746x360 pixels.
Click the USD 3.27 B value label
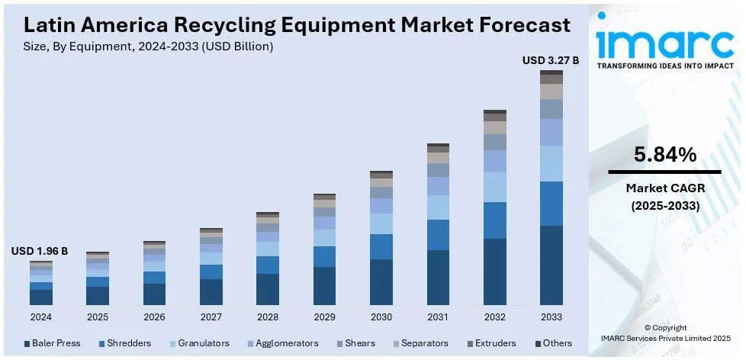pyautogui.click(x=550, y=60)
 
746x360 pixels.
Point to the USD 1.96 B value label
pyautogui.click(x=40, y=251)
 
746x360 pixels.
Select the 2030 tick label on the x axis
pyautogui.click(x=381, y=317)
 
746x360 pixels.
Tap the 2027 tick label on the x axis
pyautogui.click(x=211, y=317)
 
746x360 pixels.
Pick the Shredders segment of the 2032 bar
pyautogui.click(x=495, y=220)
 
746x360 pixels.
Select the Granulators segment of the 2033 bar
pyautogui.click(x=551, y=163)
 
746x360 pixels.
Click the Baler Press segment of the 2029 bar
pyautogui.click(x=324, y=286)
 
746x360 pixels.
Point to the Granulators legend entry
pyautogui.click(x=201, y=343)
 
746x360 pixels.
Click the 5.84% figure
pyautogui.click(x=665, y=156)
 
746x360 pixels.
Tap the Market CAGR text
pyautogui.click(x=665, y=188)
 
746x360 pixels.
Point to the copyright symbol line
pyautogui.click(x=665, y=328)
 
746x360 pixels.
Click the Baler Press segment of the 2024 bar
pyautogui.click(x=41, y=297)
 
